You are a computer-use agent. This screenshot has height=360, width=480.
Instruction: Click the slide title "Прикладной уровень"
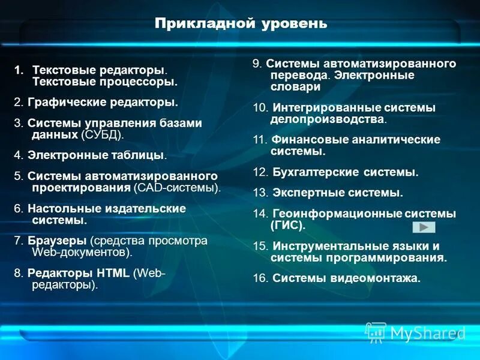click(x=241, y=23)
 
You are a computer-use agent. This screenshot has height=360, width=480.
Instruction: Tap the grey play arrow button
click(x=424, y=227)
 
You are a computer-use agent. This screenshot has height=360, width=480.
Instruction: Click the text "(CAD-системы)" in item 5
click(x=176, y=187)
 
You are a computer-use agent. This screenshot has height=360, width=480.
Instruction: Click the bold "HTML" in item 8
click(x=113, y=273)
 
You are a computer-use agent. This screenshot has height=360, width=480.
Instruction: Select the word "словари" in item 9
click(x=295, y=86)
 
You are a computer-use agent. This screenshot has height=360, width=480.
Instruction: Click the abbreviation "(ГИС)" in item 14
click(x=288, y=226)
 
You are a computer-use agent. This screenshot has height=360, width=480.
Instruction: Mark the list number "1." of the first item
click(x=19, y=70)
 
